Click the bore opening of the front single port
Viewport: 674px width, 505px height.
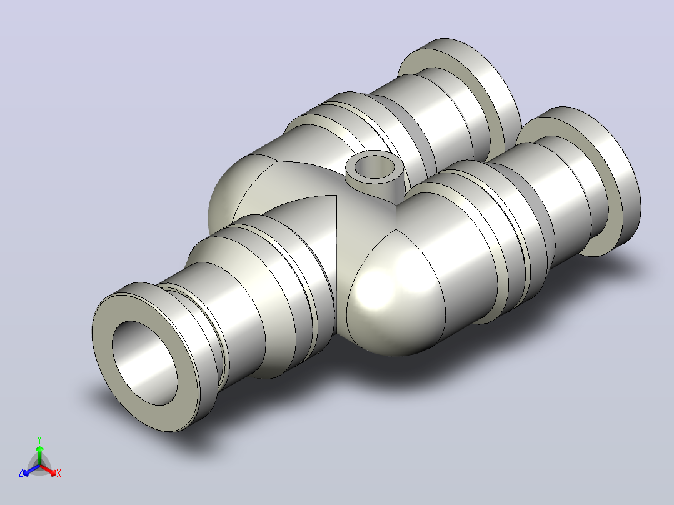tap(145, 362)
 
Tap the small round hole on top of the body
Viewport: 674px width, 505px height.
tap(375, 167)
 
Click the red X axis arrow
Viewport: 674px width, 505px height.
tap(48, 470)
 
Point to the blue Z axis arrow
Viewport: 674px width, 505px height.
tap(31, 471)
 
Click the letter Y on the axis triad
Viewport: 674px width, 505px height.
tap(39, 439)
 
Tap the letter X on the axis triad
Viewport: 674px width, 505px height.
tap(59, 473)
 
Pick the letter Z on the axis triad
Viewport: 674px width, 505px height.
tap(20, 473)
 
